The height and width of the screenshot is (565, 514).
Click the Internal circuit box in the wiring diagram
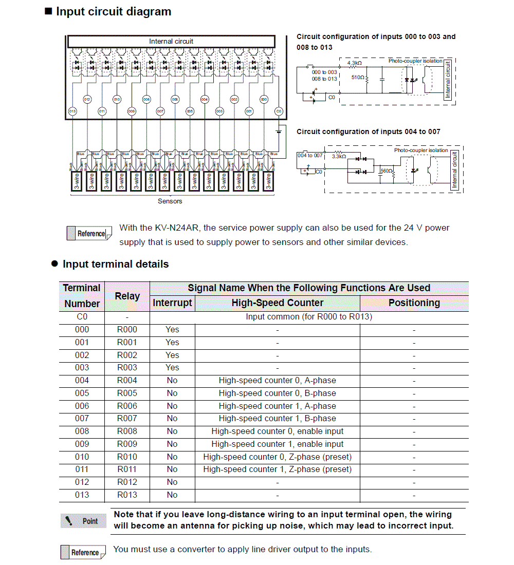coord(171,41)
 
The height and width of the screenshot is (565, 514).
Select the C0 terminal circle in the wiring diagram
coord(279,111)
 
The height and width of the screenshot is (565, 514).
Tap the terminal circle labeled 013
coord(72,111)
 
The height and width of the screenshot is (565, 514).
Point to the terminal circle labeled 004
coord(205,99)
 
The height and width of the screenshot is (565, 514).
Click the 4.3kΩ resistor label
coord(355,63)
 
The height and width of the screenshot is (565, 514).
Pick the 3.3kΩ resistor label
coord(339,156)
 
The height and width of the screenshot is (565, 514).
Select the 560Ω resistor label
coord(386,170)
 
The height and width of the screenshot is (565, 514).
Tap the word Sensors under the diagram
coord(170,201)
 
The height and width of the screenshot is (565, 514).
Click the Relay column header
coord(127,296)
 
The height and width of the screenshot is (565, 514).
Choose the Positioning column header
coord(414,303)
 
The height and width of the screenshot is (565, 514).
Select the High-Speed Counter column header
coord(277,303)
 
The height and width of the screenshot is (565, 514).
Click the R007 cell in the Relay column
coord(127,419)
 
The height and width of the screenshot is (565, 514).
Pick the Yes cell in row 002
coord(172,355)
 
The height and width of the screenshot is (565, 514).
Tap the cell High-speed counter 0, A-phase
coord(277,381)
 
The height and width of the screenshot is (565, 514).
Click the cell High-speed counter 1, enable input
coord(277,444)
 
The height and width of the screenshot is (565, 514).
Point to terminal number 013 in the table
coord(82,495)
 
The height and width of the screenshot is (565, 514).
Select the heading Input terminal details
coord(115,264)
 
